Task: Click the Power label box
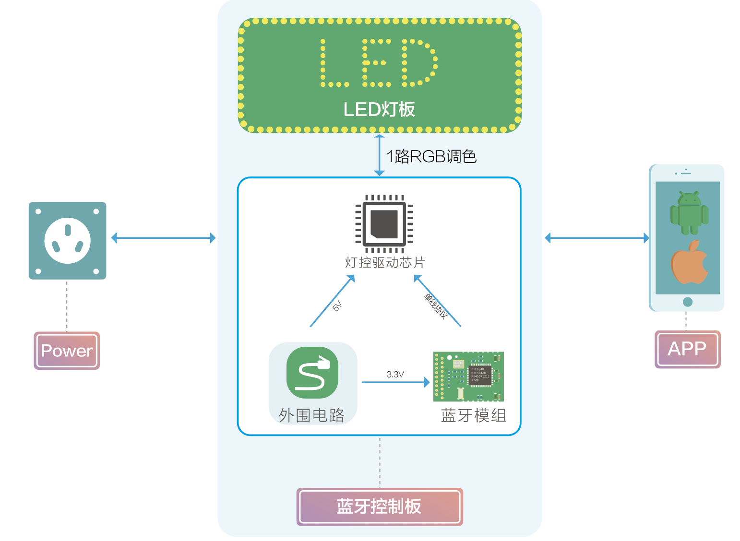(x=67, y=351)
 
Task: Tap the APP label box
(x=687, y=349)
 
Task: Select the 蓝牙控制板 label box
(x=379, y=506)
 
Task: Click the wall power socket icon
(x=67, y=240)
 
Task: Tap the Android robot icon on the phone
(x=689, y=213)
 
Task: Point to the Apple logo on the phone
(x=690, y=262)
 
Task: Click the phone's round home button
(x=687, y=302)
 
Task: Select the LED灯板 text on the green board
(x=379, y=109)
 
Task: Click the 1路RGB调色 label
(x=431, y=156)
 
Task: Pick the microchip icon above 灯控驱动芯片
(x=384, y=224)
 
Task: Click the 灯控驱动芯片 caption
(x=385, y=262)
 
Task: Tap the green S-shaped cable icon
(x=312, y=372)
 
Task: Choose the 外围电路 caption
(x=311, y=415)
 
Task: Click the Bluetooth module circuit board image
(x=468, y=376)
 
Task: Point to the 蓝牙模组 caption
(x=473, y=415)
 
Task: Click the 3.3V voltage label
(x=395, y=374)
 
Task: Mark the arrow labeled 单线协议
(x=437, y=301)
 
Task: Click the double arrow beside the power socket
(x=163, y=238)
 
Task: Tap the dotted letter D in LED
(x=419, y=63)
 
